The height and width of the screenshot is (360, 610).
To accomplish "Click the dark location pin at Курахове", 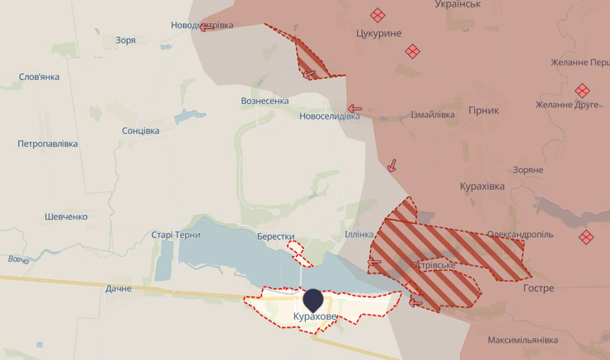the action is pos(313,299).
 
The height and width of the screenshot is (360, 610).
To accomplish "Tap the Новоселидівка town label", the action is pos(330,116).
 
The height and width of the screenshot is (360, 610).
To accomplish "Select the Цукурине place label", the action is pos(379,33).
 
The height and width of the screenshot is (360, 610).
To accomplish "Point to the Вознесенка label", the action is pos(265,101).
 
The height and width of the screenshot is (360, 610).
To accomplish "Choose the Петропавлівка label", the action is pos(48,143).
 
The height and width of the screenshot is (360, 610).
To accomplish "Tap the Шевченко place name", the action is pos(66,217).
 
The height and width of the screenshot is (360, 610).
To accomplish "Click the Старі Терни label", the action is pos(176,235).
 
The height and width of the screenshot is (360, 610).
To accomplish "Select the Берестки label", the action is pos(275,236).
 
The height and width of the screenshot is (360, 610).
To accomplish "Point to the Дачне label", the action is pos(119,288).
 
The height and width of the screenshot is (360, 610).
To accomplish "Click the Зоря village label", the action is pos(126,40).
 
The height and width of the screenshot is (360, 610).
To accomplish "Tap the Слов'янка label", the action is pos(40,77).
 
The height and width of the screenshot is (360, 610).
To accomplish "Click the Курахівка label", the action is pos(482,187).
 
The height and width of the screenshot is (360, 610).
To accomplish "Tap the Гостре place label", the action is pos(538,288).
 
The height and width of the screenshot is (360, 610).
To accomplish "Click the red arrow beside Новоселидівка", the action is pos(355,108).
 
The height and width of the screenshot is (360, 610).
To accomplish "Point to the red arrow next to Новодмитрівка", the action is pos(203,27).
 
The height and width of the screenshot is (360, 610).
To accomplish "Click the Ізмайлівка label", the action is pos(433,115).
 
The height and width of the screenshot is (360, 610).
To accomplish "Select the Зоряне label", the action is pos(528,170).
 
